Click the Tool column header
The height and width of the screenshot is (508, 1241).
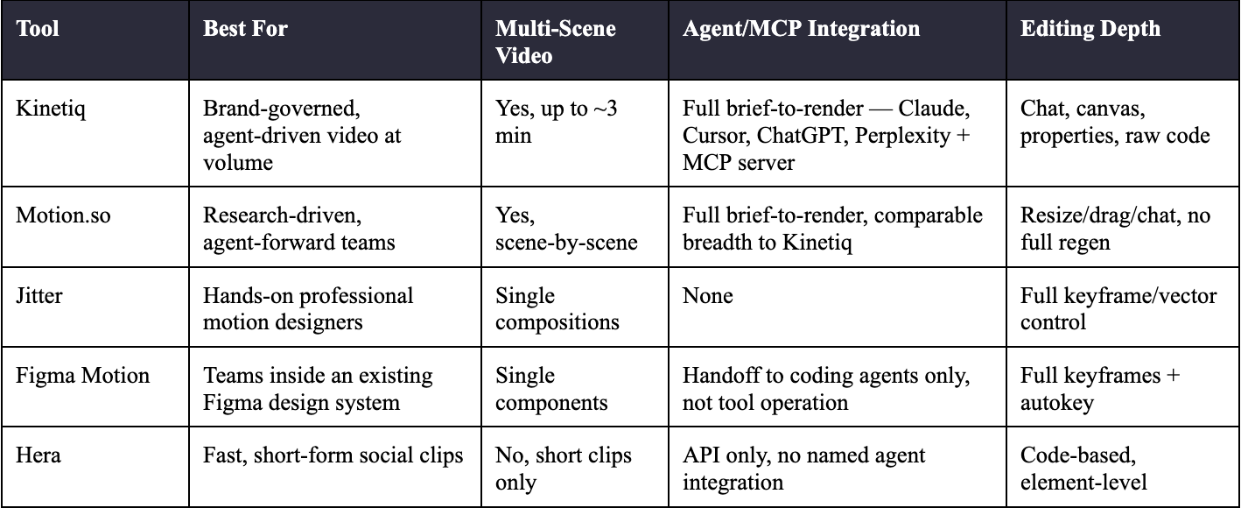(x=38, y=28)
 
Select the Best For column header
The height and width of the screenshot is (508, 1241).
(x=245, y=28)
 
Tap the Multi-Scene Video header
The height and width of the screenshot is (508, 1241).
(x=555, y=42)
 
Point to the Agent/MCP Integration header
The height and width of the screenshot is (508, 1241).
(x=801, y=28)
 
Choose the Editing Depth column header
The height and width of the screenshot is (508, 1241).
(x=1090, y=29)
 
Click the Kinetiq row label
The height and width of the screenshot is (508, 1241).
(x=51, y=109)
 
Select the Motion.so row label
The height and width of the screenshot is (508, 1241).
(x=63, y=215)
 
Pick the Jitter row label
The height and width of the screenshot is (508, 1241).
(x=39, y=295)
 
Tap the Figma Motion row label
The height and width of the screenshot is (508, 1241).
(x=82, y=376)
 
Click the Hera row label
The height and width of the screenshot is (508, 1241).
(x=39, y=455)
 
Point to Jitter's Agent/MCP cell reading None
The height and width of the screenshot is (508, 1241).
(x=707, y=295)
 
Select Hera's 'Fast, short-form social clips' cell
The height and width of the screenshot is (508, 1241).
(x=333, y=455)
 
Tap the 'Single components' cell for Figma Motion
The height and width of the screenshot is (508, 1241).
(x=551, y=389)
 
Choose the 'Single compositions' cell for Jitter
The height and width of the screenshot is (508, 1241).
(x=557, y=309)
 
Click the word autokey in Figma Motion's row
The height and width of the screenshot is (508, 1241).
(x=1056, y=403)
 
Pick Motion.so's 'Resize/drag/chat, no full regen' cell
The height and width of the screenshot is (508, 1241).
(x=1115, y=229)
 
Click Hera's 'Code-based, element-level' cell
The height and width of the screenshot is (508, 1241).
(x=1083, y=469)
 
